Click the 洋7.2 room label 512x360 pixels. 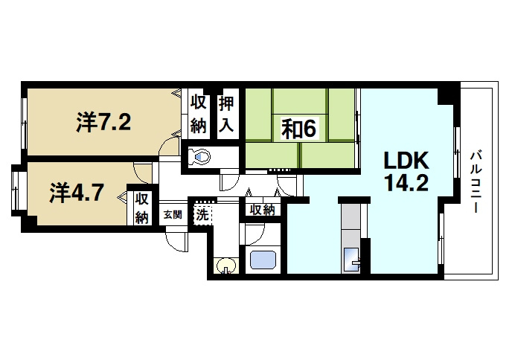pyautogui.click(x=103, y=122)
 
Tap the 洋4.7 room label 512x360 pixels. pyautogui.click(x=77, y=193)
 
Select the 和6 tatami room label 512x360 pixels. pyautogui.click(x=298, y=129)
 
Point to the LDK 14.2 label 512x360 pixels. pyautogui.click(x=406, y=172)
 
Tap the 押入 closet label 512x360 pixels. pyautogui.click(x=226, y=114)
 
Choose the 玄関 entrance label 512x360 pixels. pyautogui.click(x=173, y=215)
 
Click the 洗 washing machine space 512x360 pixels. pyautogui.click(x=202, y=214)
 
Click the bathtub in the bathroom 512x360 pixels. pyautogui.click(x=263, y=260)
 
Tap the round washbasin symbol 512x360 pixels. pyautogui.click(x=226, y=266)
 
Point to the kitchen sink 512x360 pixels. pyautogui.click(x=351, y=260)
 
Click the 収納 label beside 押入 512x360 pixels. pyautogui.click(x=199, y=114)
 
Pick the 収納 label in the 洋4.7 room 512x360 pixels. pyautogui.click(x=142, y=208)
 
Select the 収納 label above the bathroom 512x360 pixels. pyautogui.click(x=262, y=210)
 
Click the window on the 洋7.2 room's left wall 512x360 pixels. pyautogui.click(x=24, y=122)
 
